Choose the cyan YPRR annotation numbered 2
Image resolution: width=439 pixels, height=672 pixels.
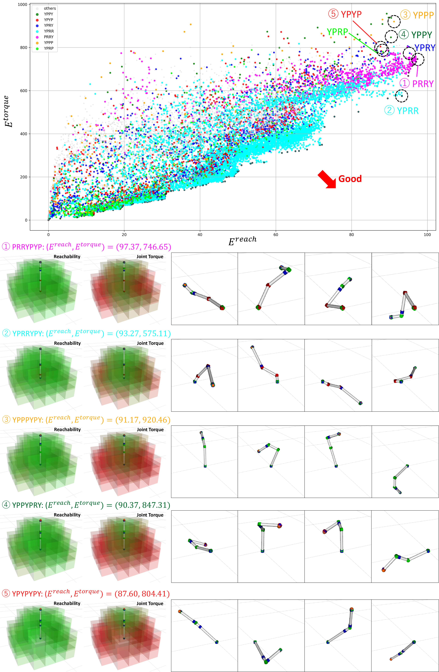[x=401, y=110]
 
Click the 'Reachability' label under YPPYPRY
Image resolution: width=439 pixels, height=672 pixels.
[x=67, y=515]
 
